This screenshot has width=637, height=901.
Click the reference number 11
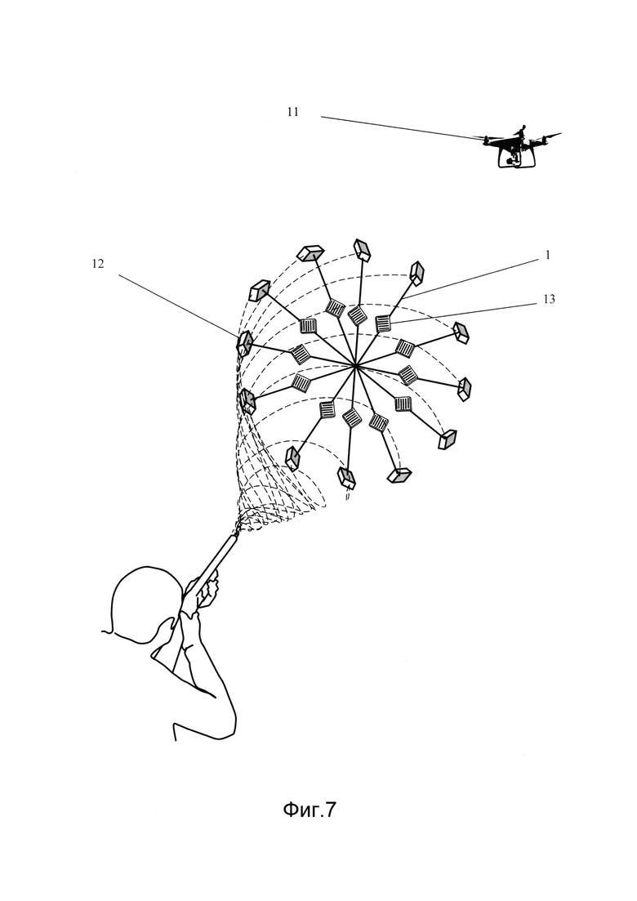point(292,112)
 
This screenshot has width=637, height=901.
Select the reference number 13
point(549,300)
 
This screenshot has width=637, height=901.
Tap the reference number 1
point(548,255)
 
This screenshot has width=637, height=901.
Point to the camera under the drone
point(512,158)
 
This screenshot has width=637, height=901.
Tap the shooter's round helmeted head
point(140,600)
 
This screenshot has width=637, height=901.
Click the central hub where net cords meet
point(355,368)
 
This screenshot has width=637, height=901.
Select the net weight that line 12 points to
point(245,344)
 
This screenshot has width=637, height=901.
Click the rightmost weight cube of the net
point(465,389)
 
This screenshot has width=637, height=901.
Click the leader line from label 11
point(400,128)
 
